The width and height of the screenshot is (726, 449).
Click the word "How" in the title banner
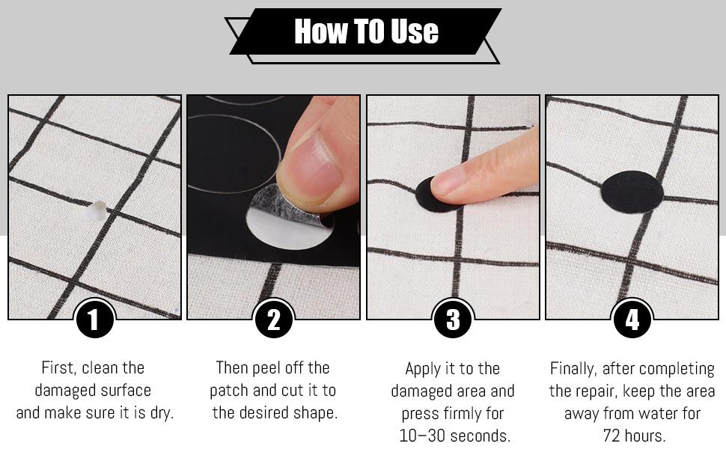point(321,31)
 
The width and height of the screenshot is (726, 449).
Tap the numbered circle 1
point(94,319)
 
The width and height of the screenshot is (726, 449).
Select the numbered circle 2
point(274,319)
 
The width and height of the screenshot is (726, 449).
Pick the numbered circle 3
point(453,319)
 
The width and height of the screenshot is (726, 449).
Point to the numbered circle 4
point(632,319)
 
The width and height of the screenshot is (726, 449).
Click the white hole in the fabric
point(97,211)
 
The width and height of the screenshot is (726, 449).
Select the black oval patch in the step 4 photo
point(632,192)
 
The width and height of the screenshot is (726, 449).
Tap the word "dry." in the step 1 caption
point(162,413)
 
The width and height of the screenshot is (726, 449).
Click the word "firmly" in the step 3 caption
point(464,413)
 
